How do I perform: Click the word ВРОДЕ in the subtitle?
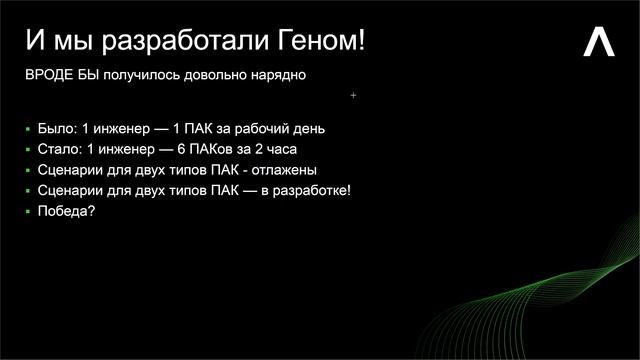click(x=48, y=76)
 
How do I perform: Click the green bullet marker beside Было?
click(x=28, y=130)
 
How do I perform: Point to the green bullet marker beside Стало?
click(x=28, y=151)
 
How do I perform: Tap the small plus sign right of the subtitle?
click(x=354, y=96)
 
